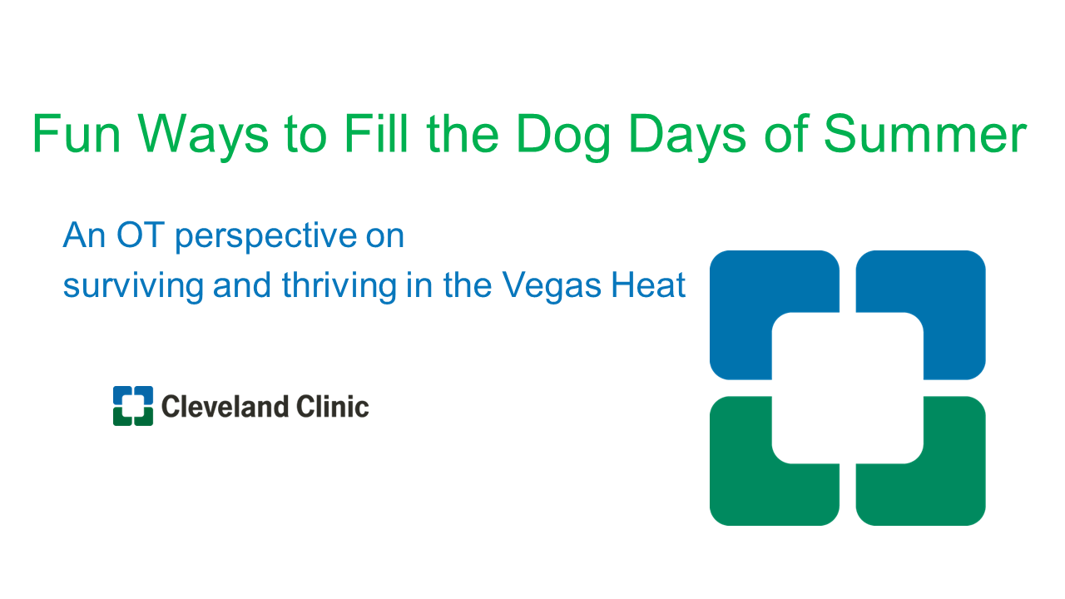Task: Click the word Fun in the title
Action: [76, 134]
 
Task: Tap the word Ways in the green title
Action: [204, 137]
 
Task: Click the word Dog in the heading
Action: [563, 137]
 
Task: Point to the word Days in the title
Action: [687, 137]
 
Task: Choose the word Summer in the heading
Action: [925, 134]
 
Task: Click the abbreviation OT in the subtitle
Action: [141, 235]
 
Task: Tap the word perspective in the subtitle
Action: [266, 237]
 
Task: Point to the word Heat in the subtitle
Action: [648, 285]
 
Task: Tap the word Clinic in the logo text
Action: [333, 407]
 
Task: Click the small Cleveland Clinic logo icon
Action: [133, 405]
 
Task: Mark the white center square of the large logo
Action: [848, 388]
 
